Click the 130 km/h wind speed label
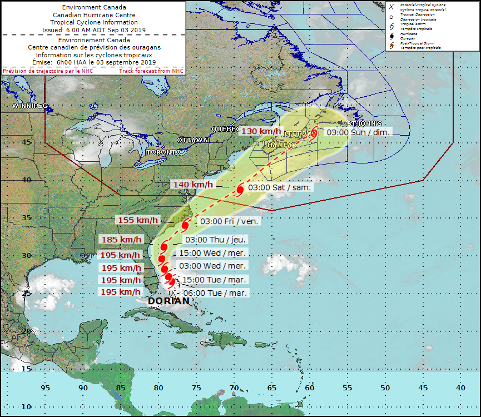(261, 131)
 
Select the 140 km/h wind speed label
(192, 185)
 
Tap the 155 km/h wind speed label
(138, 220)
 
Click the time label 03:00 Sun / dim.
(358, 132)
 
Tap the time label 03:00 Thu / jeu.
(216, 240)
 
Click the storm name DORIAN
(168, 301)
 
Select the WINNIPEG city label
(30, 106)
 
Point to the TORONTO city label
(163, 152)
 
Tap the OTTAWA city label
(192, 140)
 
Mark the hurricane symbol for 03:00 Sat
(240, 190)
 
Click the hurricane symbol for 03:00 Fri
(185, 225)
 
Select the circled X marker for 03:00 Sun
(314, 133)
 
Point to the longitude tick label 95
(45, 388)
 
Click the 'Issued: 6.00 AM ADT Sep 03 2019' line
(93, 30)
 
